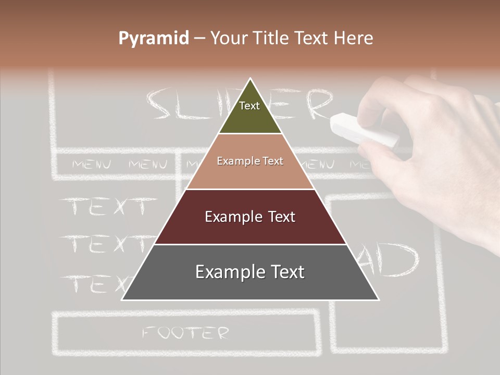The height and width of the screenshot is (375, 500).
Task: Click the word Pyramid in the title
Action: click(x=154, y=38)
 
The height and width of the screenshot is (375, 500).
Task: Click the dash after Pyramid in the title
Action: click(x=199, y=39)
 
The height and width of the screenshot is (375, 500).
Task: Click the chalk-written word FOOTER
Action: click(x=185, y=332)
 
